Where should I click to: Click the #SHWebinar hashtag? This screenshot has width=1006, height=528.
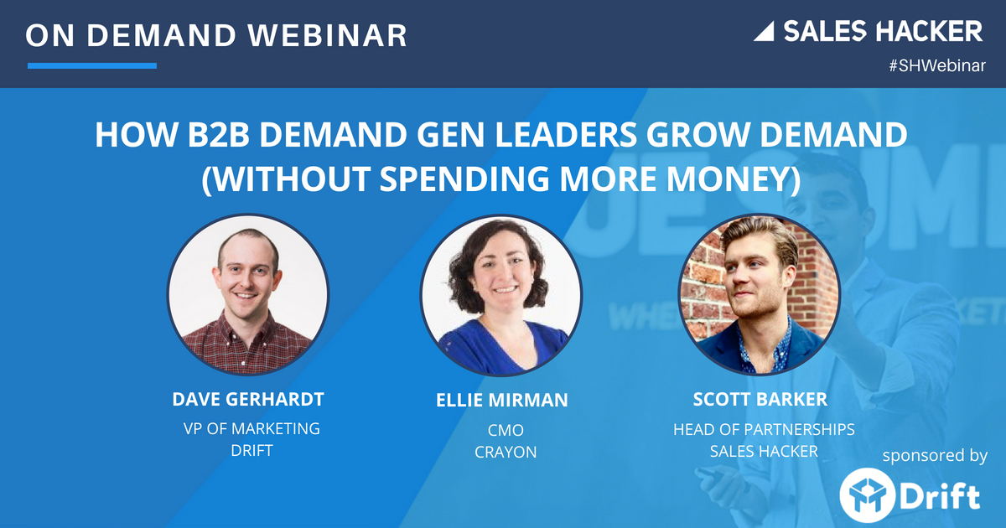click(x=936, y=66)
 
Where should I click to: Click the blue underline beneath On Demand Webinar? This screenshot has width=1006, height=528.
click(x=92, y=65)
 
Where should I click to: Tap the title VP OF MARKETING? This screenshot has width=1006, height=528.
click(x=251, y=428)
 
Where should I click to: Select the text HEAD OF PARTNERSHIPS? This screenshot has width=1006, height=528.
click(x=764, y=429)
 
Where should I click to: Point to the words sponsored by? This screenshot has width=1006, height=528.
click(x=934, y=456)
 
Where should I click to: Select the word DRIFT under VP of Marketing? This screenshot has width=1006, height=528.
click(x=251, y=452)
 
